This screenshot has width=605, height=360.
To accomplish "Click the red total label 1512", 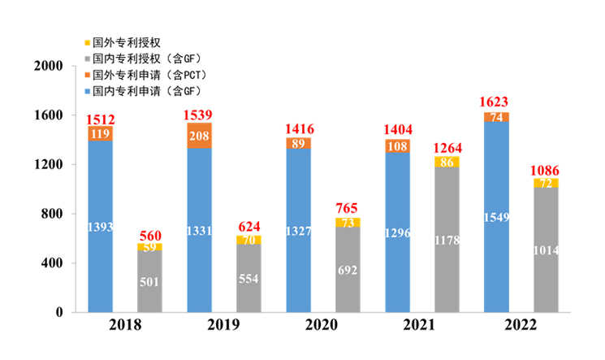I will tap(101, 118).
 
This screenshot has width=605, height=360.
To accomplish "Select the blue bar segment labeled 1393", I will tap(101, 227).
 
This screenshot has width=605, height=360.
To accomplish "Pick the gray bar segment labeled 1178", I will tap(447, 240).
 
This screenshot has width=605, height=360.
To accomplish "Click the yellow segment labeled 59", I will tap(149, 247).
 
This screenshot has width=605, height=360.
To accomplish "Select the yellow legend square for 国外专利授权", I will tap(87, 41).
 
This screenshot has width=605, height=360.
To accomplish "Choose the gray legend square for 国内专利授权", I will tap(87, 58).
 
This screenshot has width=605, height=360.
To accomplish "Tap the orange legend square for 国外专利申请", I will tap(87, 75).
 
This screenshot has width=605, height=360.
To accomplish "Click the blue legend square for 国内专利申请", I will tap(87, 91).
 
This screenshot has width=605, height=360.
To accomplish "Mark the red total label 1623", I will tap(496, 104).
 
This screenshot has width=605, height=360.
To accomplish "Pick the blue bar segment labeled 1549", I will tap(496, 217).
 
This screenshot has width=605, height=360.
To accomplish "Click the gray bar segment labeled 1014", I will tap(546, 250).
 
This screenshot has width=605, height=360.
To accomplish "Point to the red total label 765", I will tap(348, 209).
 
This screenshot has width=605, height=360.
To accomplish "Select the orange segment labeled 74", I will tap(496, 117).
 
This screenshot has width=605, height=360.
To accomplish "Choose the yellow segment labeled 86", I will tap(447, 162).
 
